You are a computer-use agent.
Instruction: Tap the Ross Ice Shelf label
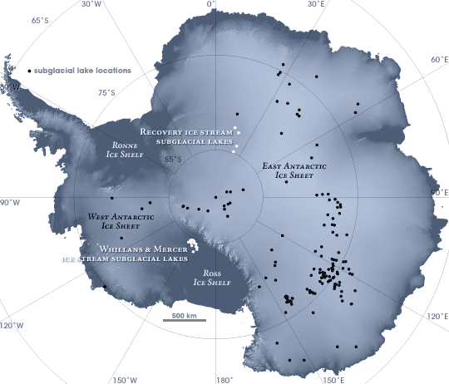pos(210,278)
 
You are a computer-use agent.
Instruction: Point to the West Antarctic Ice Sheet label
pos(111,219)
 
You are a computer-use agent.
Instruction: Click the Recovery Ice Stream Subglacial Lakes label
pos(186,137)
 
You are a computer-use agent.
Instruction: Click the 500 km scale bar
pos(184,318)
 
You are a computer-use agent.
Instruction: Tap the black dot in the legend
pos(29,71)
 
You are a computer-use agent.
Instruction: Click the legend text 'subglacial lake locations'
pos(82,71)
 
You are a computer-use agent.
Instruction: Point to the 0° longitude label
pos(210,4)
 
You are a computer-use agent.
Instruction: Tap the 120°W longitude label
pos(12,324)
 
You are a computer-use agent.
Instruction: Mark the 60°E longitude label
pos(439,60)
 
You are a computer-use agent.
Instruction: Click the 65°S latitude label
pos(39,21)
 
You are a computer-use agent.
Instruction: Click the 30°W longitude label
pos(91,4)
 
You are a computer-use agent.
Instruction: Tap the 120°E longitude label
pos(438,315)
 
